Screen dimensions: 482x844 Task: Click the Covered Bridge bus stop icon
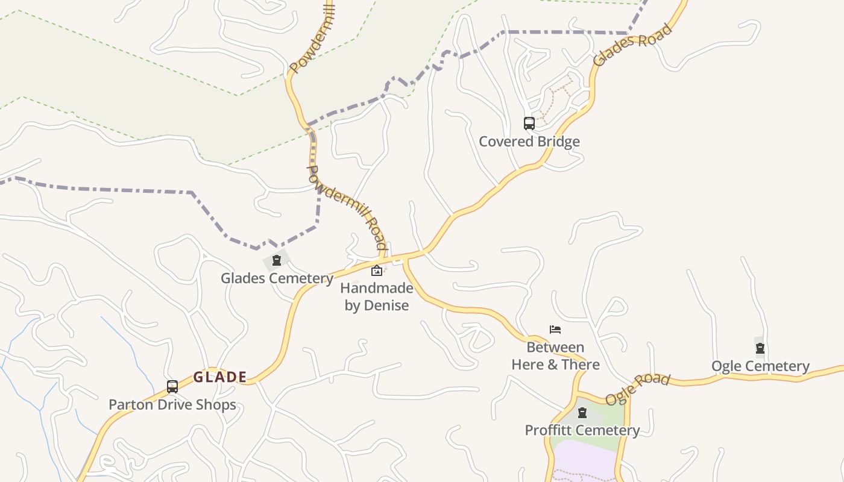coord(529,124)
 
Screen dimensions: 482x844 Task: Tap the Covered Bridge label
coord(529,142)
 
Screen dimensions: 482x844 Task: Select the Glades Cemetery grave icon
coord(277,261)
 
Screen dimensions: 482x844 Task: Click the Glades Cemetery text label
coord(277,278)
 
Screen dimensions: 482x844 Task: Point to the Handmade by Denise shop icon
coord(377,271)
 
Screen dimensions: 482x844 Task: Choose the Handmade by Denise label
coord(377,296)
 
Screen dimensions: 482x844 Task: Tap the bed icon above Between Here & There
coord(555,329)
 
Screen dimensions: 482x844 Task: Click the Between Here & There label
coord(555,356)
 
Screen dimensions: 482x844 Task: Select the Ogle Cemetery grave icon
coord(760,348)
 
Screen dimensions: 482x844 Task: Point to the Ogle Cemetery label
coord(760,366)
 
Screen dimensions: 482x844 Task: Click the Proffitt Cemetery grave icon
coord(582,413)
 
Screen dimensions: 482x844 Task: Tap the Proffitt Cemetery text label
coord(582,430)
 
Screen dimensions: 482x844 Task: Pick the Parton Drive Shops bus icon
coord(172,387)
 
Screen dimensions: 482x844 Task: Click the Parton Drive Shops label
coord(172,404)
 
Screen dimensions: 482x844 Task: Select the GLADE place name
coord(220,377)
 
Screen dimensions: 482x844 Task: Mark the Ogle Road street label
coord(638,389)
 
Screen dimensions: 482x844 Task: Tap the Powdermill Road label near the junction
coord(347,207)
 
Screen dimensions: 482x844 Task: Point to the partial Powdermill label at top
coord(312,37)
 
